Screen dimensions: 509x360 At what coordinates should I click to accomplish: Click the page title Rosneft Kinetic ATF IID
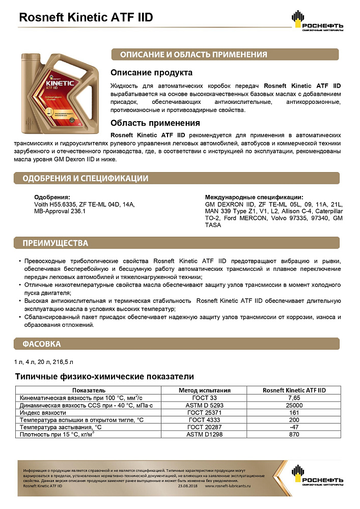(86, 17)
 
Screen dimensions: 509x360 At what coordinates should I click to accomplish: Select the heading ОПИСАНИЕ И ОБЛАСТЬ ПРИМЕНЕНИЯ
(193, 54)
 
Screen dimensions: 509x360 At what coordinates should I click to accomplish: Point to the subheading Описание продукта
(151, 73)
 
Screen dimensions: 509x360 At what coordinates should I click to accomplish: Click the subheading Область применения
(155, 123)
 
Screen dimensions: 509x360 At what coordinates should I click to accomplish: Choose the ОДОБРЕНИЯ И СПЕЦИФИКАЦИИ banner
(85, 178)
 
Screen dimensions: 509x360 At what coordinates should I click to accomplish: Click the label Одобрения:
(52, 197)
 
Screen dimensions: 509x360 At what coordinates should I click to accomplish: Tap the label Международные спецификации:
(254, 197)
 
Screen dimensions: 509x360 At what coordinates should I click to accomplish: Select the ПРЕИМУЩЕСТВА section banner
(55, 243)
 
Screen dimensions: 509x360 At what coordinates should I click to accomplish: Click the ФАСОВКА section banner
(41, 344)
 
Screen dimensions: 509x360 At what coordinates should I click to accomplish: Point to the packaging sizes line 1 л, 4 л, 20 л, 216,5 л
(44, 362)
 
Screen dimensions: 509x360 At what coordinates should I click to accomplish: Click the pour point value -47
(294, 427)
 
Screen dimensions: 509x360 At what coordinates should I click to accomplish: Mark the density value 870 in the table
(294, 435)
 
